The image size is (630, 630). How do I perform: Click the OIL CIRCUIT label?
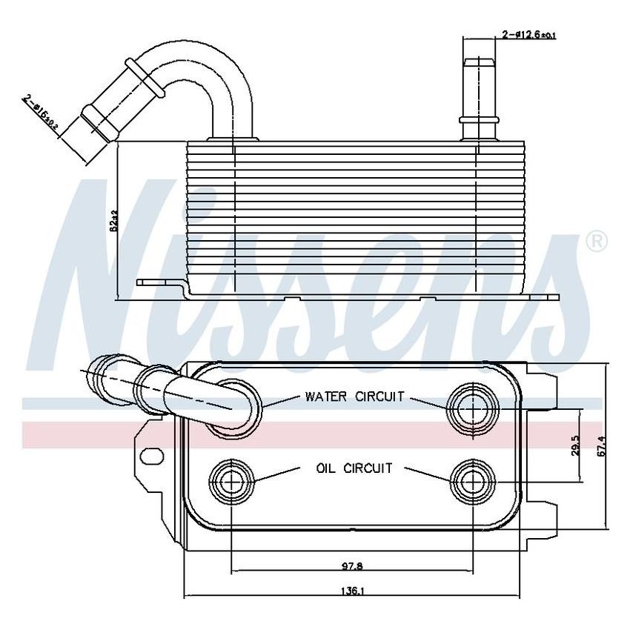(x=354, y=468)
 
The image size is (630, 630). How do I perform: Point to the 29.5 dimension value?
(x=574, y=446)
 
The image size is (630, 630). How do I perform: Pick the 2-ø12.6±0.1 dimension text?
(x=529, y=34)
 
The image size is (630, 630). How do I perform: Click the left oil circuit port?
(x=232, y=483)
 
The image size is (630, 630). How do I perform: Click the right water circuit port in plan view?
(x=472, y=407)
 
